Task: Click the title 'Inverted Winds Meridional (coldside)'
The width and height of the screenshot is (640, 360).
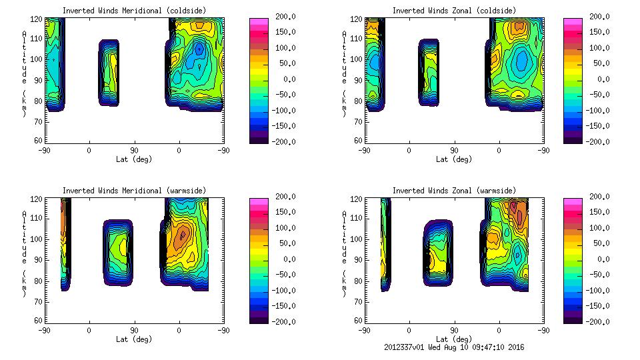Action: pyautogui.click(x=134, y=11)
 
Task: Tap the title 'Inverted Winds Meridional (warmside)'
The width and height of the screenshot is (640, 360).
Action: pyautogui.click(x=134, y=191)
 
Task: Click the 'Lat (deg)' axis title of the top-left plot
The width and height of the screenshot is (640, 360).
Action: pyautogui.click(x=133, y=159)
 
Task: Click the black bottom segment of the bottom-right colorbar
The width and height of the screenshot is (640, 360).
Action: pyautogui.click(x=572, y=319)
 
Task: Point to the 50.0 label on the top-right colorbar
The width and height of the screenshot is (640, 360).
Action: pyautogui.click(x=599, y=64)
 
